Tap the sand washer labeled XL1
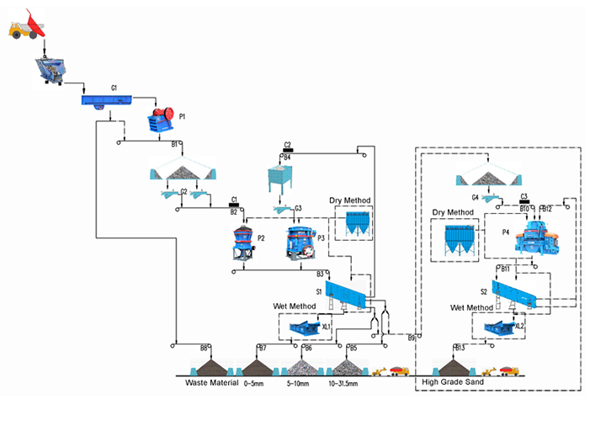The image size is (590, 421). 301,327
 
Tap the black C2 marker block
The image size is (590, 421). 288,150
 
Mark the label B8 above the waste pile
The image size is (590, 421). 204,348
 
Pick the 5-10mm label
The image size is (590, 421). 300,383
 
